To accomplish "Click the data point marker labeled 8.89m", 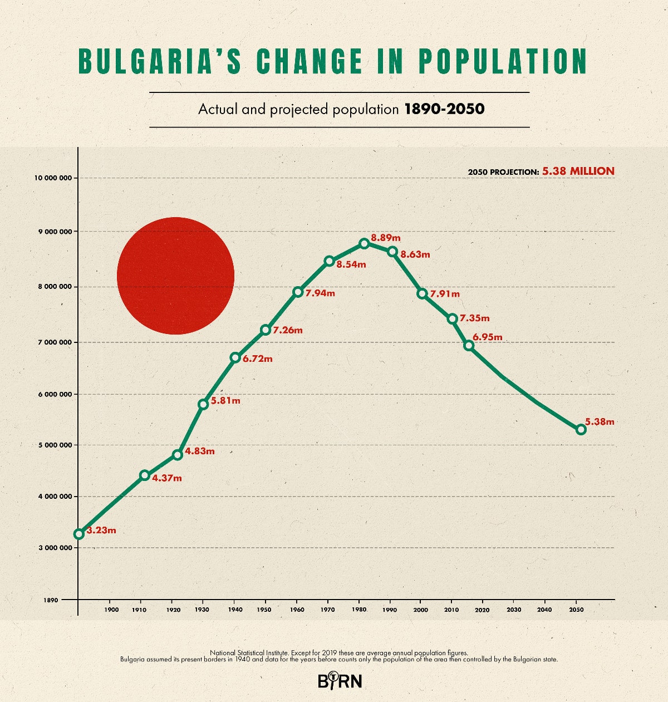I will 365,243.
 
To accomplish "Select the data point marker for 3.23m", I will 78,534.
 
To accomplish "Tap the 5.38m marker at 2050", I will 581,429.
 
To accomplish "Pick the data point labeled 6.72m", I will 235,357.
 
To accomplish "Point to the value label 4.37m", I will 167,478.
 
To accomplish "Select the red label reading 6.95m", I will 487,337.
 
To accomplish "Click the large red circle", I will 175,276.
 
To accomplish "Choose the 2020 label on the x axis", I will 483,610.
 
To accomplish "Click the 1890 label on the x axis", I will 51,600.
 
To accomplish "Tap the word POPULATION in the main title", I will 502,61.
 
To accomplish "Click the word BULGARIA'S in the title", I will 160,61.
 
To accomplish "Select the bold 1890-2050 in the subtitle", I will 444,109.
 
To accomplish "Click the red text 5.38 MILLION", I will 578,171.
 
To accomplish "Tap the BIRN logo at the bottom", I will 340,680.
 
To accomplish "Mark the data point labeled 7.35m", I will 452,318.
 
